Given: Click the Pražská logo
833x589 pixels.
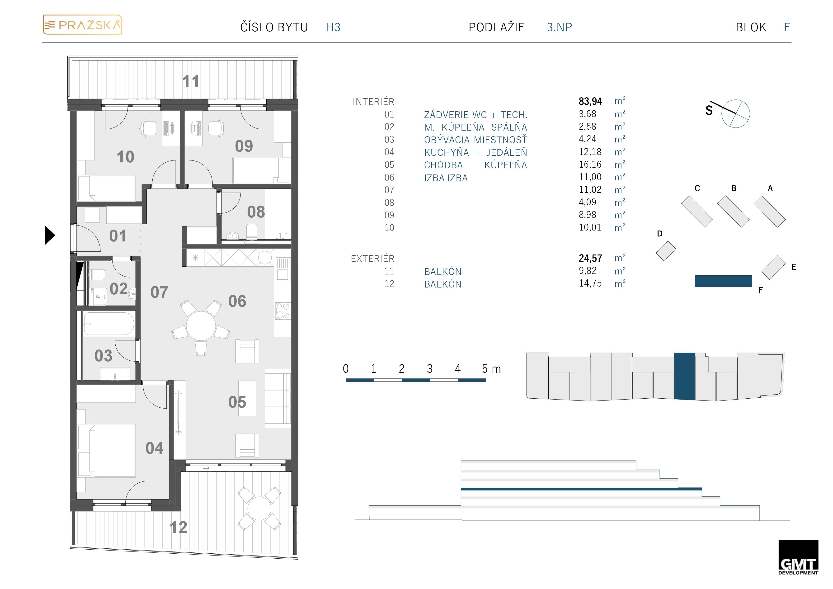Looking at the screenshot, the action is click(x=82, y=25).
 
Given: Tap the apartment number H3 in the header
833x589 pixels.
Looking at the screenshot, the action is click(x=333, y=27).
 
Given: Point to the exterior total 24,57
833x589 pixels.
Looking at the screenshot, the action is click(x=590, y=258).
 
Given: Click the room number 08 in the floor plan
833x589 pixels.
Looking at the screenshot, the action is click(x=256, y=212).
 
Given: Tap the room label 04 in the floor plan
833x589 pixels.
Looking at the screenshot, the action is click(x=155, y=448).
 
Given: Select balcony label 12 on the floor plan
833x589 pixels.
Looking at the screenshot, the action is click(x=179, y=527).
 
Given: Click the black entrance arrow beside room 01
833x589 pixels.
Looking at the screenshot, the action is click(x=50, y=235).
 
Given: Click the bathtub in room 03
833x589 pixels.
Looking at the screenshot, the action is click(x=108, y=323).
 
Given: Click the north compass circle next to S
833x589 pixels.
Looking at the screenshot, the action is click(x=735, y=113).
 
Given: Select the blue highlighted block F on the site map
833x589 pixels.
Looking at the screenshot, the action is click(x=723, y=281).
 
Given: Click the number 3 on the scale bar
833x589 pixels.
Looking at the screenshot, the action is click(x=430, y=369).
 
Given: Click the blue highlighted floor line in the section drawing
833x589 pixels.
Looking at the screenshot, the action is click(x=581, y=489).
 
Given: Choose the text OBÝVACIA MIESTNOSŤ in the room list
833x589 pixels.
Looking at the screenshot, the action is click(x=475, y=140).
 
